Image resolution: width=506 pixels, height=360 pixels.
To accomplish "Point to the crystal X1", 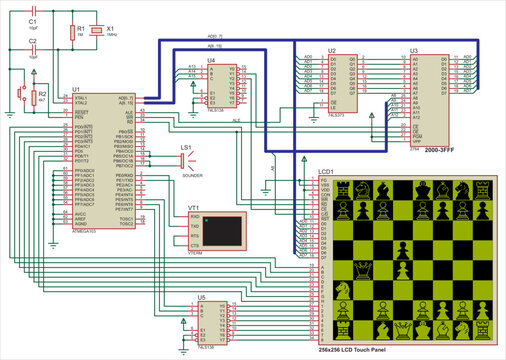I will pos(96,33).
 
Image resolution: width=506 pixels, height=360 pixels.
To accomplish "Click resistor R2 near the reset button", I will pos(34,97).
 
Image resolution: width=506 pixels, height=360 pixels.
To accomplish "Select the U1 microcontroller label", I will pos(76,89).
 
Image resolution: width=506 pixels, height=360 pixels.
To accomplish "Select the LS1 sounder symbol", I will pos(184,158).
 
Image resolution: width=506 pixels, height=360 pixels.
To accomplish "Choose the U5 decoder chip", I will pos(206,321).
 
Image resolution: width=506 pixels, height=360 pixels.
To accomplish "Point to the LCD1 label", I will pos(326,171).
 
